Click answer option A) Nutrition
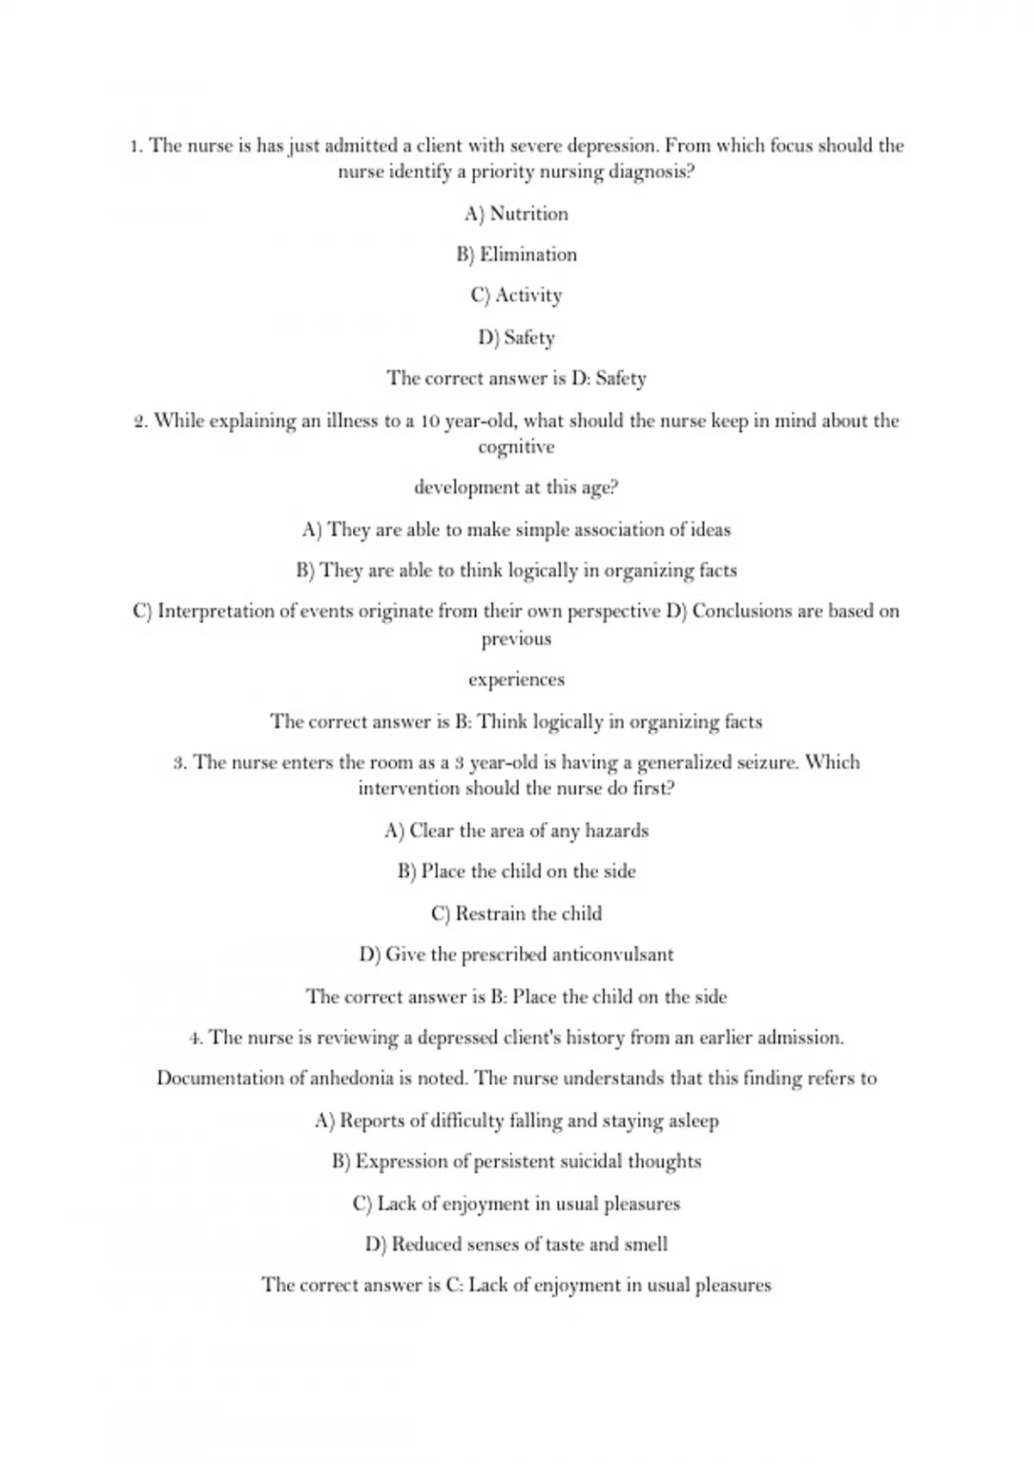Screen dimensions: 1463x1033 [x=516, y=213]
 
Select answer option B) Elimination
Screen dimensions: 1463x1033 [x=516, y=255]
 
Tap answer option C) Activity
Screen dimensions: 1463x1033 [x=516, y=295]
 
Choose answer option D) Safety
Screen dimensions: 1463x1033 [x=516, y=337]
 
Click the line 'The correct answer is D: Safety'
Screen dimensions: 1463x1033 [x=516, y=378]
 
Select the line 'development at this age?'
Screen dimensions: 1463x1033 [x=516, y=487]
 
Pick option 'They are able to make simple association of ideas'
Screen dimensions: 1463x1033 [x=516, y=529]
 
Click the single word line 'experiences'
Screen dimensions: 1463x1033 [x=516, y=679]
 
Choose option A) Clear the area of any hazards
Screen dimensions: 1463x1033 [x=516, y=830]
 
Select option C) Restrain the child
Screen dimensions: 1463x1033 [x=516, y=913]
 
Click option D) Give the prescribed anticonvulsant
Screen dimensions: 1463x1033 [x=516, y=954]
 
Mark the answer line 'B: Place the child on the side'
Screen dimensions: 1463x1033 [x=516, y=997]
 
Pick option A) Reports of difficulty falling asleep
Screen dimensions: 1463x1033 [x=516, y=1120]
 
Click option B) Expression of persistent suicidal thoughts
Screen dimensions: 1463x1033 [x=516, y=1162]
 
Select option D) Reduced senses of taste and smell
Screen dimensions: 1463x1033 [x=516, y=1244]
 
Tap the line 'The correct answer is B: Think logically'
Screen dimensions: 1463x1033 [x=516, y=721]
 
